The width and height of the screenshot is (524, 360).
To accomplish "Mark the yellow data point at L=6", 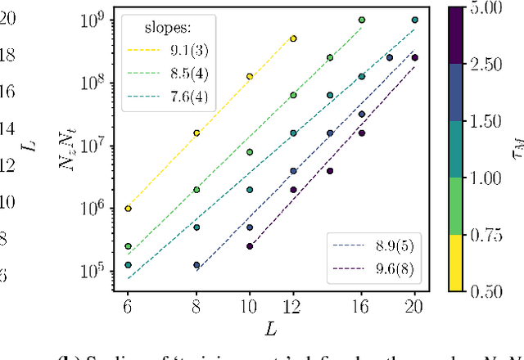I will [x=129, y=209].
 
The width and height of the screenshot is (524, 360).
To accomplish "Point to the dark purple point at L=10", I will [x=250, y=246].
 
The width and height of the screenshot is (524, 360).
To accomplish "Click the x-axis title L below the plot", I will [x=271, y=327].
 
